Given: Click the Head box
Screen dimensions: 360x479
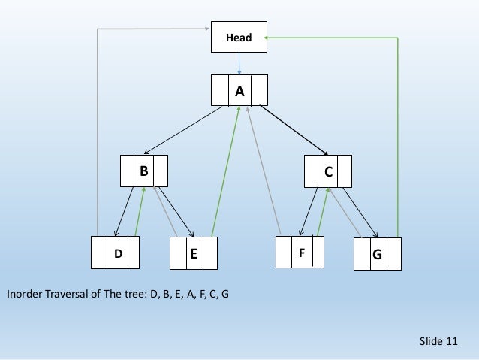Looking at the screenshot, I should pos(239,37).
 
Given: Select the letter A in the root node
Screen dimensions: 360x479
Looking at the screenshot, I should pos(239,92).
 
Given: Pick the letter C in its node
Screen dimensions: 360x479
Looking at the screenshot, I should pos(328,171).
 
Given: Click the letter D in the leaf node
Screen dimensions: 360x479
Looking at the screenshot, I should pos(118,254).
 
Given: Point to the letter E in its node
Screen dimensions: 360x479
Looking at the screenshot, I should pos(193,254).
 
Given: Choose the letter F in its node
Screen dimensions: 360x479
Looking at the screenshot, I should pos(302,253).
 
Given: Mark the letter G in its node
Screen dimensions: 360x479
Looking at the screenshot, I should pos(376,255).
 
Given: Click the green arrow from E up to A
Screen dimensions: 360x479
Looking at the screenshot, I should pos(226,173).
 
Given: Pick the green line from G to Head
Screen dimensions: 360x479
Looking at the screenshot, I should pos(398,135).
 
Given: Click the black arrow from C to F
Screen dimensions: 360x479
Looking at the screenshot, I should pos(308,212).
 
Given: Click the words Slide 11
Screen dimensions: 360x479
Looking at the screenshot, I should pos(438,342).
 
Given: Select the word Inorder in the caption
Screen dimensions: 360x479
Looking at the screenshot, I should pos(23,293).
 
